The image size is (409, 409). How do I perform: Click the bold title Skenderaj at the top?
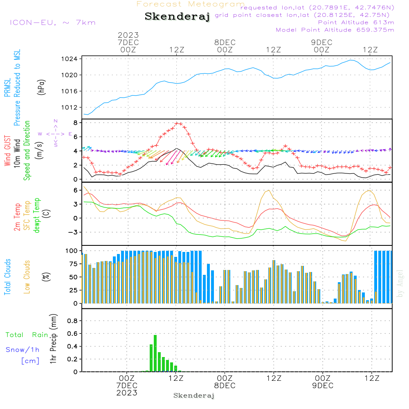point(177,17)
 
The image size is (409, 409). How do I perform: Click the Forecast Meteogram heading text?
point(190,4)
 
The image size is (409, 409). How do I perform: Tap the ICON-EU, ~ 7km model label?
point(52,22)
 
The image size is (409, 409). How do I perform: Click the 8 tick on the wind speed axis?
point(76,123)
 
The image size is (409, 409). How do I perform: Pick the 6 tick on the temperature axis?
point(76,190)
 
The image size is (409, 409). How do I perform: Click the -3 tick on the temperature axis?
point(74,232)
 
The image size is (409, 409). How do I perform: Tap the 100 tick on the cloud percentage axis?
point(72,251)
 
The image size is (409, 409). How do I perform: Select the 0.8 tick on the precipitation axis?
point(72,321)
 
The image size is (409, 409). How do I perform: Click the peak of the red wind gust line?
point(178,123)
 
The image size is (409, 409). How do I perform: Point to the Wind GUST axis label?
point(7,151)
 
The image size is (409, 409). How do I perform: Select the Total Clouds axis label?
point(7,277)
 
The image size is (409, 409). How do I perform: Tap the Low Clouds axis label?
point(27,277)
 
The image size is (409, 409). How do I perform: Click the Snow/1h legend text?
point(22,350)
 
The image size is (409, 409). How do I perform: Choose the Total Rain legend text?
point(27,335)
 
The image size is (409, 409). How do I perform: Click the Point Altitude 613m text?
point(356,22)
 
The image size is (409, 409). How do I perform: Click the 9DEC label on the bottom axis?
point(322,386)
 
